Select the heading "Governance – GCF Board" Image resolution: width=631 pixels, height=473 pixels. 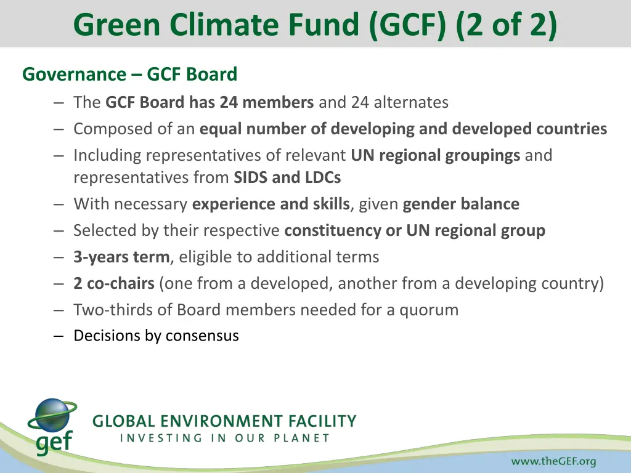tap(129, 75)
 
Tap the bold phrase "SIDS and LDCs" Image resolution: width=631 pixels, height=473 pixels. tap(287, 177)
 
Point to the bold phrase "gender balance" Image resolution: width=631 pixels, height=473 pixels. tap(461, 204)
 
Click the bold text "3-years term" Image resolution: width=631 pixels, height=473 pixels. tap(121, 257)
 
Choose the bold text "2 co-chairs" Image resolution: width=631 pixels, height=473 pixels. tap(114, 283)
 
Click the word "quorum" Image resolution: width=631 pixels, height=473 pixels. tap(429, 310)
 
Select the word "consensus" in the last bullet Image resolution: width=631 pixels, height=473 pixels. tap(202, 336)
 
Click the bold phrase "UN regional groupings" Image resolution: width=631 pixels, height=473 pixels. tap(436, 155)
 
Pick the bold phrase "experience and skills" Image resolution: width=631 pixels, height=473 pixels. tap(271, 204)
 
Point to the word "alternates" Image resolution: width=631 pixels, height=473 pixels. tap(410, 102)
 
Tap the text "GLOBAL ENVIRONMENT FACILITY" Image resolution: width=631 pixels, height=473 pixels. tap(224, 422)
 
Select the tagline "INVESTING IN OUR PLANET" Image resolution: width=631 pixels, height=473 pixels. tap(224, 439)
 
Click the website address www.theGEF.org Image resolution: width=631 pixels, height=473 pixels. tap(553, 461)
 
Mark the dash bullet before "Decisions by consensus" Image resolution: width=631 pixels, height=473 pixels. tap(59, 336)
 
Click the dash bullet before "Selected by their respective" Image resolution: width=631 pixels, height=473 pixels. tap(59, 231)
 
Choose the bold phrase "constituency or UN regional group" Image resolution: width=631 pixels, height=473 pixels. tap(415, 230)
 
